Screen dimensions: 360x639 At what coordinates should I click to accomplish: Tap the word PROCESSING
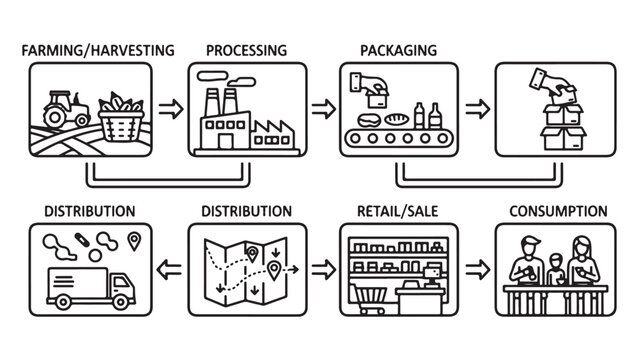pyautogui.click(x=246, y=49)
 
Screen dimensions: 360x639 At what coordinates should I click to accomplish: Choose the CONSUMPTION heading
pyautogui.click(x=557, y=211)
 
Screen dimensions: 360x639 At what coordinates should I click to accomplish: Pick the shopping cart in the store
pyautogui.click(x=371, y=294)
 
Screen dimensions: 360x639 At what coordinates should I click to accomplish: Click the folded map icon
pyautogui.click(x=246, y=267)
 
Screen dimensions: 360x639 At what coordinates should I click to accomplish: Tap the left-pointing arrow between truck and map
pyautogui.click(x=169, y=269)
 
